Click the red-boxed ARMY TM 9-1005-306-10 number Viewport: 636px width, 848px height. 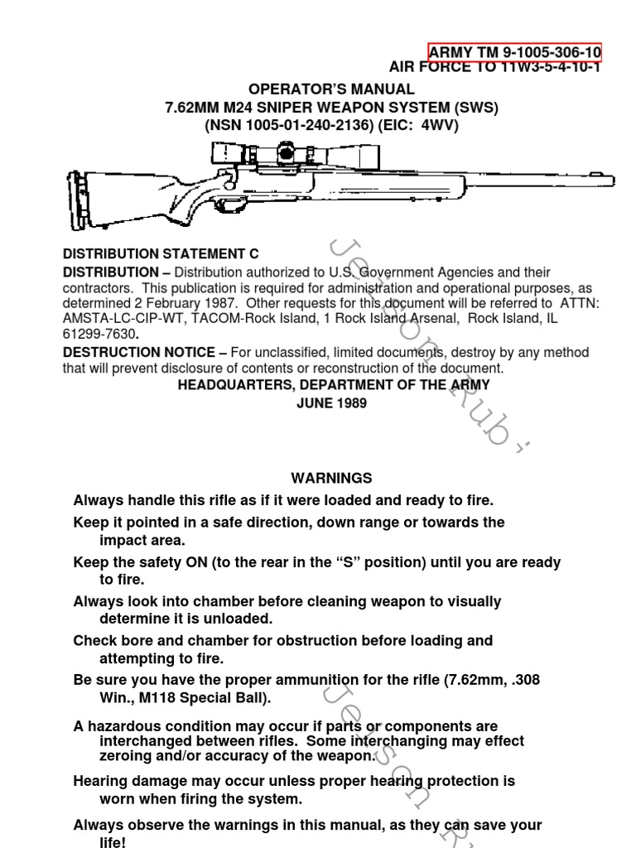pyautogui.click(x=514, y=53)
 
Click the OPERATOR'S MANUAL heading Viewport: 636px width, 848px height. pyautogui.click(x=331, y=89)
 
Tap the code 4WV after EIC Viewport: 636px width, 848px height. pyautogui.click(x=440, y=125)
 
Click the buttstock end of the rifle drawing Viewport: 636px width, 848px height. pyautogui.click(x=77, y=200)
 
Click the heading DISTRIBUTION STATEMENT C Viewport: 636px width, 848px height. pyautogui.click(x=161, y=254)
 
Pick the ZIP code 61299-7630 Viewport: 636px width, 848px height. pyautogui.click(x=99, y=333)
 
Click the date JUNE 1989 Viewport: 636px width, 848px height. pyautogui.click(x=331, y=403)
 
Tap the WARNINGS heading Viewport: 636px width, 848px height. pyautogui.click(x=331, y=478)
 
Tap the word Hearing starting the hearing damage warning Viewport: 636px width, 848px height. pyautogui.click(x=99, y=781)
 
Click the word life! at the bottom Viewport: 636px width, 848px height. pyautogui.click(x=113, y=841)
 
